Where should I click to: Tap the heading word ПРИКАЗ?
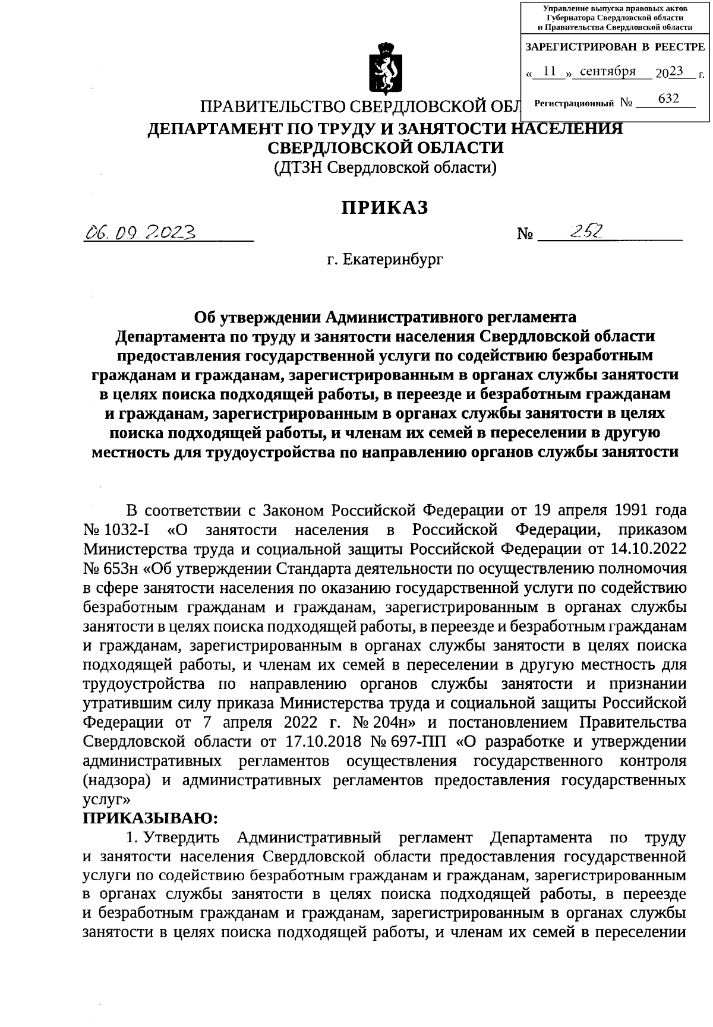pos(384,207)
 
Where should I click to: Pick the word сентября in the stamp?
pos(607,72)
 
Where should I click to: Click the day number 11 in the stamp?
pos(550,72)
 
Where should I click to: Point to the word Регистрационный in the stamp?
pos(574,103)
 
